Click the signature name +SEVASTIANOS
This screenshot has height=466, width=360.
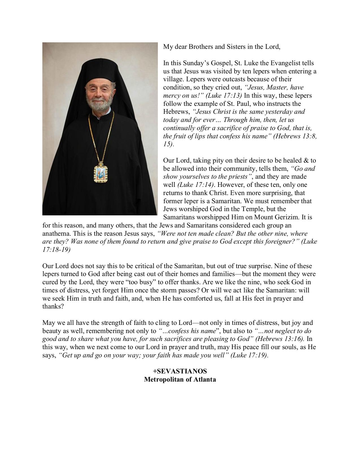[180, 371]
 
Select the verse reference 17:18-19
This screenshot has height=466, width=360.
[56, 250]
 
